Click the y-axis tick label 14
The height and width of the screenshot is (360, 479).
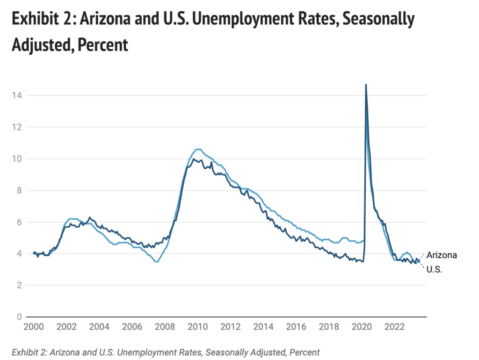(17, 95)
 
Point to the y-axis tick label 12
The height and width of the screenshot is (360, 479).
(17, 127)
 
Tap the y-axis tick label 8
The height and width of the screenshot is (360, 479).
(19, 190)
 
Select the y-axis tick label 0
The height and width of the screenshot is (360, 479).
(19, 317)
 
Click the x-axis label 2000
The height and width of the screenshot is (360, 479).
(33, 326)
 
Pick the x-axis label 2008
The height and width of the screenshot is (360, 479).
(163, 326)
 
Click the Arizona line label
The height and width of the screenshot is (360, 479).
(442, 255)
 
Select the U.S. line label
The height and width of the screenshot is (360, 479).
(435, 270)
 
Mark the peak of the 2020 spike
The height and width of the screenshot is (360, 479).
(366, 85)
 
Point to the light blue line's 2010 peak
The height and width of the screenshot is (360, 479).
(198, 149)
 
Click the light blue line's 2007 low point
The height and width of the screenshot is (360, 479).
(157, 261)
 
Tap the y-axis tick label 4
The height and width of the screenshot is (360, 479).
(19, 253)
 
